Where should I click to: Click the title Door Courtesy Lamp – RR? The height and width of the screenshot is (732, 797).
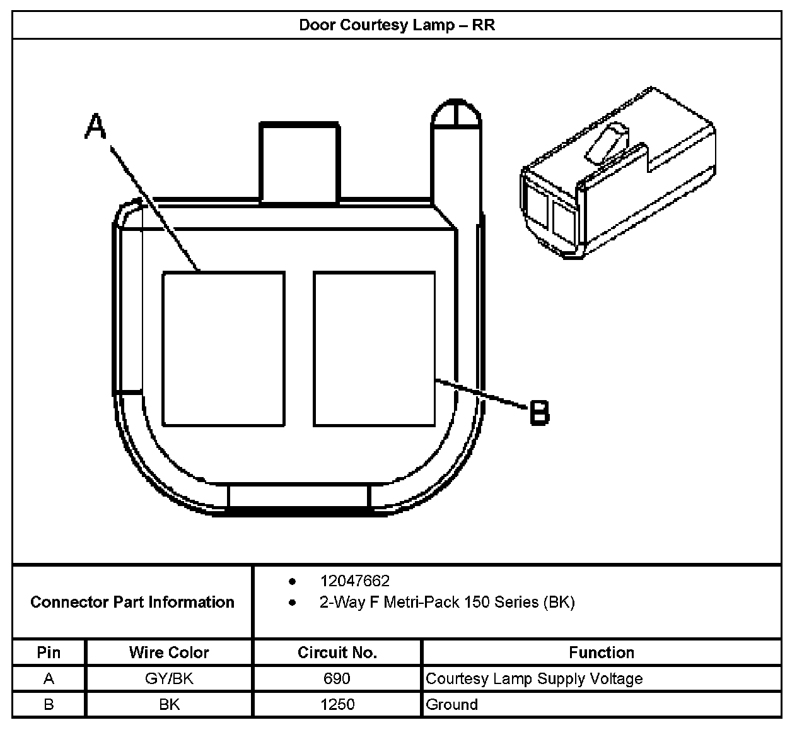pyautogui.click(x=397, y=25)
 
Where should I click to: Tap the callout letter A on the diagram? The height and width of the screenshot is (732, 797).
pyautogui.click(x=96, y=126)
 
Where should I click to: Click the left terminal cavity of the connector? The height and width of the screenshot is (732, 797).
pyautogui.click(x=223, y=349)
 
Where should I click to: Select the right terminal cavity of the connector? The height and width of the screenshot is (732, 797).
pyautogui.click(x=375, y=349)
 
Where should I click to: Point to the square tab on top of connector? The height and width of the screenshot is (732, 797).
pyautogui.click(x=300, y=163)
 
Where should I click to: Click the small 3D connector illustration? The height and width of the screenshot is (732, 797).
pyautogui.click(x=618, y=174)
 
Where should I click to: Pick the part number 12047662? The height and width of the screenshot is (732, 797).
pyautogui.click(x=354, y=581)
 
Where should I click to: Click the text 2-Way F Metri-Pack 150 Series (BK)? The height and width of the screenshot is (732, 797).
pyautogui.click(x=447, y=602)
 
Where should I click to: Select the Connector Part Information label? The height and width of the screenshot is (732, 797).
pyautogui.click(x=132, y=602)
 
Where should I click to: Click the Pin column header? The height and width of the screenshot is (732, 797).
pyautogui.click(x=49, y=652)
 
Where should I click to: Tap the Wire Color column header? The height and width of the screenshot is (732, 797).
pyautogui.click(x=169, y=652)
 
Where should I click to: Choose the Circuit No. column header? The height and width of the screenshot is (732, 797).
pyautogui.click(x=337, y=652)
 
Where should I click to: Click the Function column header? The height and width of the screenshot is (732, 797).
pyautogui.click(x=602, y=652)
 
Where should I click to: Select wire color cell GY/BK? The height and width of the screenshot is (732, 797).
pyautogui.click(x=169, y=678)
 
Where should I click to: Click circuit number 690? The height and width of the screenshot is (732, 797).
pyautogui.click(x=337, y=678)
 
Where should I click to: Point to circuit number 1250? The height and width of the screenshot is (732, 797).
pyautogui.click(x=337, y=704)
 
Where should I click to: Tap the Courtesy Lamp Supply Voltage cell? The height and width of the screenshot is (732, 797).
pyautogui.click(x=534, y=678)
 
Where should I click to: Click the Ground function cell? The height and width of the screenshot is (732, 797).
pyautogui.click(x=452, y=704)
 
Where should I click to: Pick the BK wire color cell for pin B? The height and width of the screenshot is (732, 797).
pyautogui.click(x=169, y=704)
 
